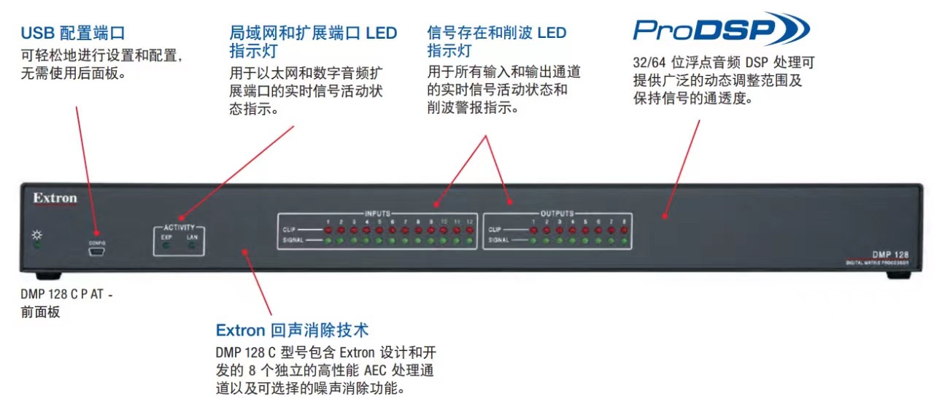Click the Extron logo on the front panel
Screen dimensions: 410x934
pos(55,198)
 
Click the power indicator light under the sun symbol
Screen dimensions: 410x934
pos(37,246)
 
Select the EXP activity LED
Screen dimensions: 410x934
pos(166,246)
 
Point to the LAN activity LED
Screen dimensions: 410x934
pos(193,246)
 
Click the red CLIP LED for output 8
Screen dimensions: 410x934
pos(624,230)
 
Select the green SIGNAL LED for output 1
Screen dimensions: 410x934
pos(533,240)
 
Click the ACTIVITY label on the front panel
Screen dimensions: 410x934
pos(179,228)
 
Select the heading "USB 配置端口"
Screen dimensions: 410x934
pos(73,33)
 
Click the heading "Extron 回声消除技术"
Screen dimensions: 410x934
pos(292,330)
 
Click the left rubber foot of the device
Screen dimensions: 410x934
pos(48,276)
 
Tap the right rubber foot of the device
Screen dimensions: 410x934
pos(898,276)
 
